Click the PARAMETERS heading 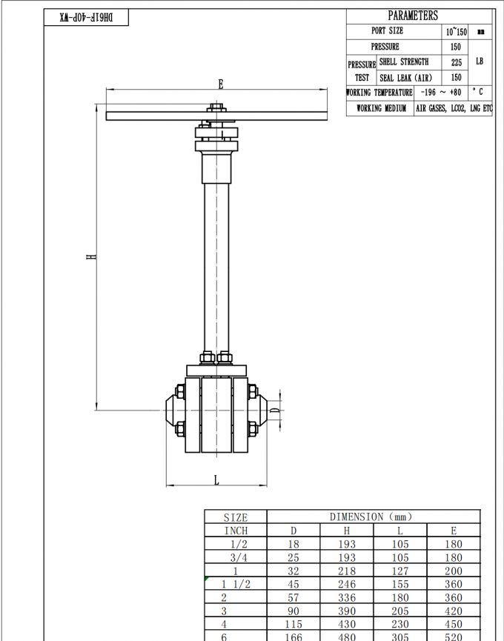[x=413, y=16]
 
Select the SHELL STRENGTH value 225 [x=456, y=62]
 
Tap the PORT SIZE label [x=388, y=31]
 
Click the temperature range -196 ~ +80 [x=440, y=93]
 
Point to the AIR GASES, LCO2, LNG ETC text [x=453, y=108]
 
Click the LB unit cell [x=480, y=62]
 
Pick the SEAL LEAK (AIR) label [x=405, y=77]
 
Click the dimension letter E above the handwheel [x=220, y=84]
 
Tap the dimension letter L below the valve [x=216, y=480]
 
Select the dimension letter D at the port [x=273, y=410]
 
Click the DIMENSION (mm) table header [x=371, y=517]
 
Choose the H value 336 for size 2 [x=346, y=597]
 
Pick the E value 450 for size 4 [x=453, y=624]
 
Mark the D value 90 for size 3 [x=294, y=611]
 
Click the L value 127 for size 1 [x=399, y=571]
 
